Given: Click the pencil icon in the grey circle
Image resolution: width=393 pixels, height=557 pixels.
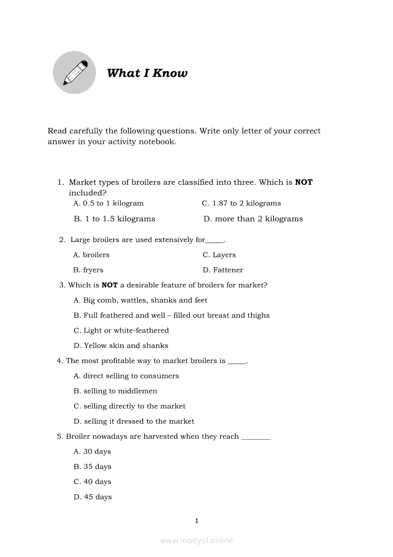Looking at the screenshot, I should tap(75, 73).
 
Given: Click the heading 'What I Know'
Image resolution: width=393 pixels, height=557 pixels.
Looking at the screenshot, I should tap(147, 73).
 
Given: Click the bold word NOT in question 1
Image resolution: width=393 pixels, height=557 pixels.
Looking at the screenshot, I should tap(304, 182).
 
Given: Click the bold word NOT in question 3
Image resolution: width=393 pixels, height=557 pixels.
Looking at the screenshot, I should tap(109, 285).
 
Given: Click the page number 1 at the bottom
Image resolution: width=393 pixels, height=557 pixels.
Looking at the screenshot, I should tap(196, 521).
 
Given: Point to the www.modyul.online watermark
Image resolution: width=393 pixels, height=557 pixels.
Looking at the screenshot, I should tap(196, 540).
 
